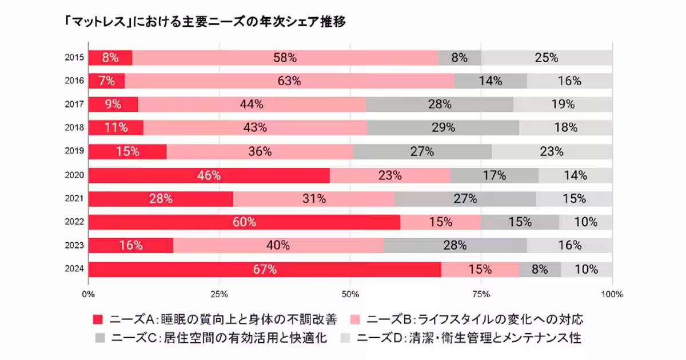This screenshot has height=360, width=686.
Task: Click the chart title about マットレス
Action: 206,22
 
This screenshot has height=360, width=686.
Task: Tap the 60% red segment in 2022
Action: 244,222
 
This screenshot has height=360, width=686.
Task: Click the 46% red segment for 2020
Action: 209,175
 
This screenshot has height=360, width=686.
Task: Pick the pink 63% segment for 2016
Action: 289,81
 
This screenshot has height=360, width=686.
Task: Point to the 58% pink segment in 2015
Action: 285,58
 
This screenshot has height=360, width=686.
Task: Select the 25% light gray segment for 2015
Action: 547,58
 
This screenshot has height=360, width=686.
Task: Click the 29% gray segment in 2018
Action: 443,128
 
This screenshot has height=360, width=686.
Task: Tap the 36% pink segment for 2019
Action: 260,152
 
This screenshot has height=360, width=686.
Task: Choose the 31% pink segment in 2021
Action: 314,199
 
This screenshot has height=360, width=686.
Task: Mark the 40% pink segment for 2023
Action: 278,246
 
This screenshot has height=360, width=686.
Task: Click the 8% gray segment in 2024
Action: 540,269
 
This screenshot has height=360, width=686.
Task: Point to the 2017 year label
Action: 75,104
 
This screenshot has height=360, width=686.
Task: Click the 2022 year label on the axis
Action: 75,222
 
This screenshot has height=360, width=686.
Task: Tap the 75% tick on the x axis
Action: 481,294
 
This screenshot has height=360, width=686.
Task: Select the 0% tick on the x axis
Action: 88,294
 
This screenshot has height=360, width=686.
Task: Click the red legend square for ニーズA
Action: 98,318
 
